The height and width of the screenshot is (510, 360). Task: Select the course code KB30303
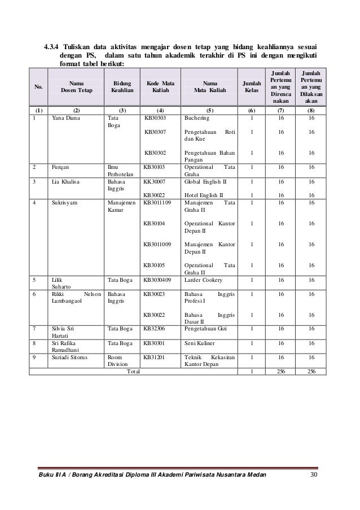tap(157, 119)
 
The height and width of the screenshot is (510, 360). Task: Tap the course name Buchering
tap(196, 119)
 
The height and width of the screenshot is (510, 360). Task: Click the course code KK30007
tap(157, 183)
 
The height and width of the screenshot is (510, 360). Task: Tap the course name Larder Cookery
tap(204, 279)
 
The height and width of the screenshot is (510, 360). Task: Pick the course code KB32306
tap(157, 327)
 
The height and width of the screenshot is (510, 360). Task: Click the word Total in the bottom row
tap(133, 371)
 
